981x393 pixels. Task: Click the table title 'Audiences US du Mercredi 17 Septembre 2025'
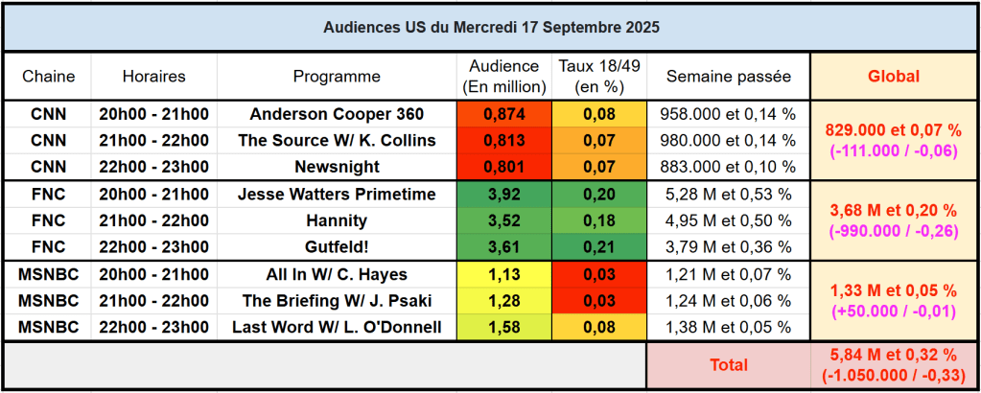tap(490, 27)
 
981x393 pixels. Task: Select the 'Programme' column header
tap(337, 77)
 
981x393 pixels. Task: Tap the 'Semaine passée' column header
tap(728, 77)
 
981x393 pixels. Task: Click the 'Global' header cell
tap(893, 77)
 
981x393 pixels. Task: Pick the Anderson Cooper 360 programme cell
tap(337, 114)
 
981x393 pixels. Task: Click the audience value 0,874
tap(504, 114)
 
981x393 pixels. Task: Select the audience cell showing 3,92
tap(504, 195)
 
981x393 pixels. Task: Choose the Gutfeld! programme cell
tap(337, 247)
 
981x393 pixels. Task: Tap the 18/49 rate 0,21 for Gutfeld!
tap(601, 247)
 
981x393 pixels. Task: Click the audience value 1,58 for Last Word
tap(504, 328)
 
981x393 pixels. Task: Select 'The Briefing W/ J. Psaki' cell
tap(337, 301)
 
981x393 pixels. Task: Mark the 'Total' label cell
tap(728, 365)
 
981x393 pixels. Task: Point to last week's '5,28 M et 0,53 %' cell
tap(728, 195)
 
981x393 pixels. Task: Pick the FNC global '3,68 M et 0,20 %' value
tap(893, 210)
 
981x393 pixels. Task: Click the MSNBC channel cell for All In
tap(48, 275)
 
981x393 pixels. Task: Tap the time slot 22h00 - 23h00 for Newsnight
tap(154, 167)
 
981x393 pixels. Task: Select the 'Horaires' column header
tap(154, 77)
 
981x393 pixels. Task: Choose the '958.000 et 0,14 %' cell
tap(728, 114)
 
